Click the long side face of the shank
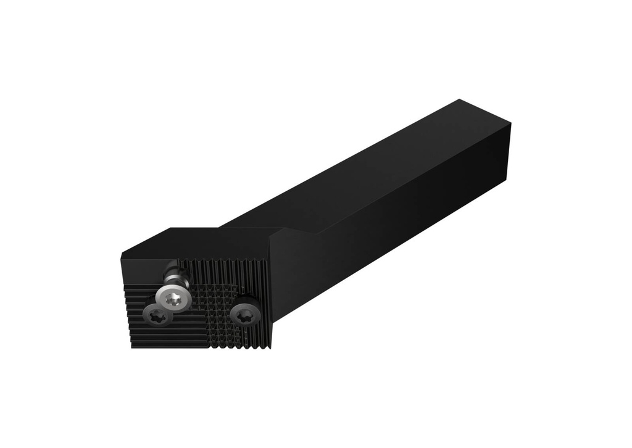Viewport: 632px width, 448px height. (x=395, y=210)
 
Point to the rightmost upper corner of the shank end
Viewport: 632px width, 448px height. (x=511, y=123)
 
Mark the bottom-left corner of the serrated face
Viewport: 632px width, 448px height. (x=131, y=347)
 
